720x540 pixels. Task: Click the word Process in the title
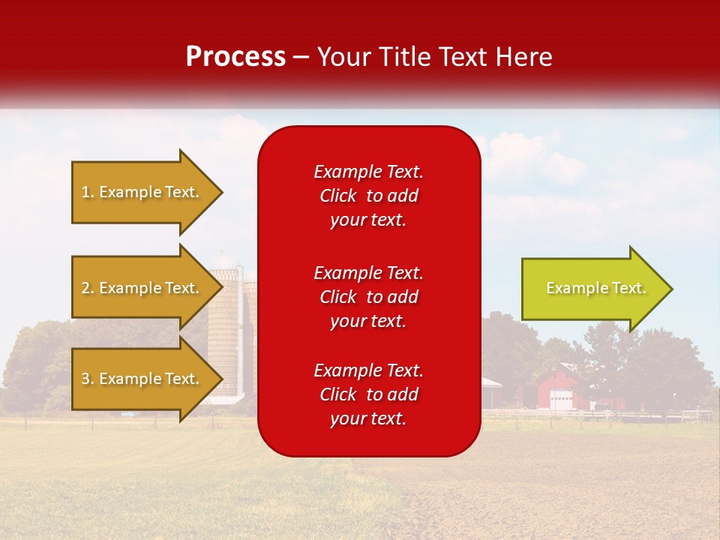coord(235,57)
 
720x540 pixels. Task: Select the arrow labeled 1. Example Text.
coord(142,192)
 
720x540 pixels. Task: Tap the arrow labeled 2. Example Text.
coord(142,288)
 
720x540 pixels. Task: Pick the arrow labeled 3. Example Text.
coord(142,379)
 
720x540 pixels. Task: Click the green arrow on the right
coord(592,289)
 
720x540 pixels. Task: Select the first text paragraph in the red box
coord(369,196)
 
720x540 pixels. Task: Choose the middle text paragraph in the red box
coord(369,297)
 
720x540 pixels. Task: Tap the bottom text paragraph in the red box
coord(369,394)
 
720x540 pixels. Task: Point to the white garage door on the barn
coord(559,400)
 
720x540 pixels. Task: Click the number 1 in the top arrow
coord(85,192)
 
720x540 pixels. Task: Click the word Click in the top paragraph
coord(338,196)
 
